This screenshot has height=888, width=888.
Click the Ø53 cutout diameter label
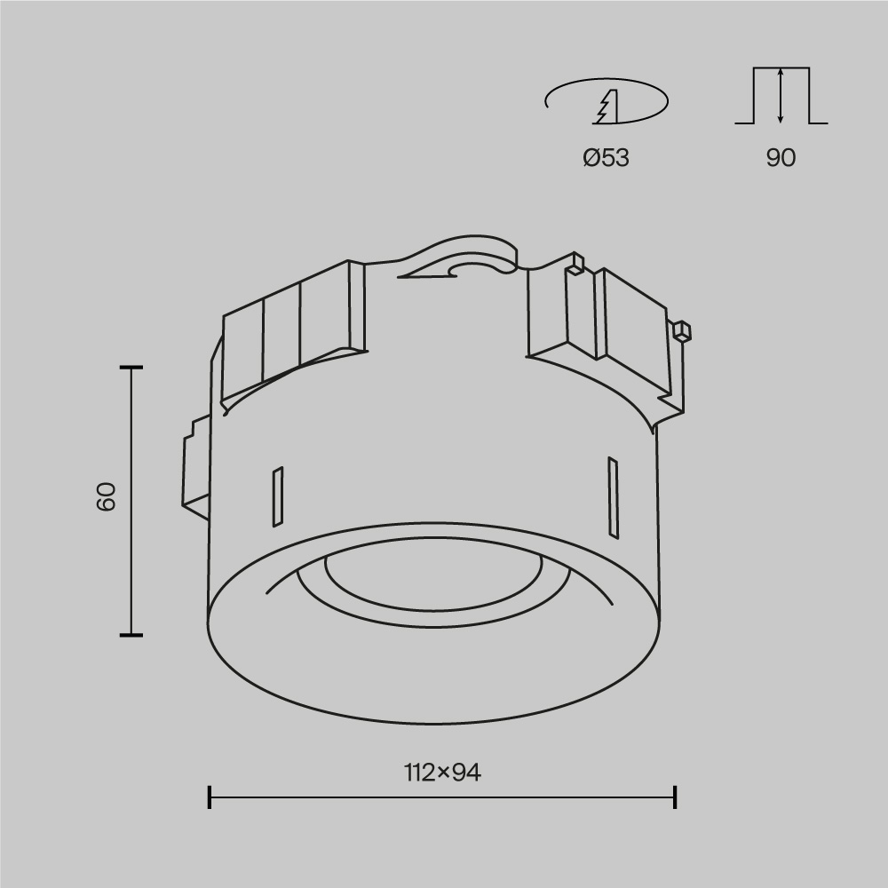click(x=606, y=158)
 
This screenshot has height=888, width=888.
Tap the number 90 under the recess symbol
click(x=781, y=158)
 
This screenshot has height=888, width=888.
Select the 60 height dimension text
click(x=107, y=497)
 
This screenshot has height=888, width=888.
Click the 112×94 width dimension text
click(x=441, y=773)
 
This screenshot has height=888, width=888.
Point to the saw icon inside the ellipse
click(x=605, y=107)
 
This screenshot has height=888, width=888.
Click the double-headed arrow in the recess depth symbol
click(x=780, y=95)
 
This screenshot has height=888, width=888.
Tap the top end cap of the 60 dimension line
click(x=131, y=367)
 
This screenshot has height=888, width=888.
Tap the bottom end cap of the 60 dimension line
click(x=131, y=635)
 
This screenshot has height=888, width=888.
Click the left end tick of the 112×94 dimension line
click(x=210, y=797)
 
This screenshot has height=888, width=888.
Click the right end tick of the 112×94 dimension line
click(x=675, y=797)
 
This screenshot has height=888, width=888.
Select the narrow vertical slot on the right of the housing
click(x=612, y=496)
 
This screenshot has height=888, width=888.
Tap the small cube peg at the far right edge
click(x=681, y=331)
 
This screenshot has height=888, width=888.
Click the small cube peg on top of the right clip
click(x=576, y=263)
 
